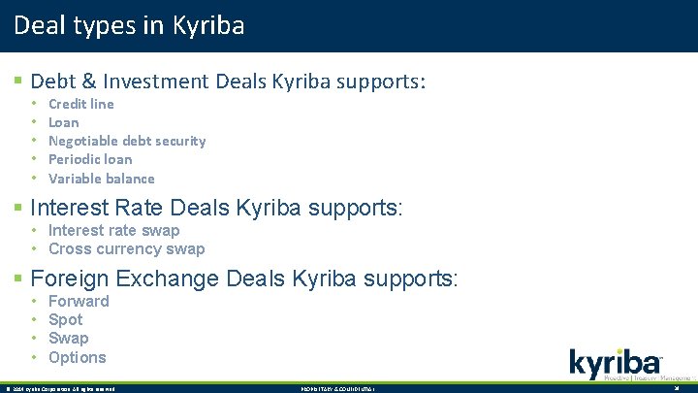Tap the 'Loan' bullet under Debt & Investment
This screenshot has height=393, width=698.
[x=64, y=122]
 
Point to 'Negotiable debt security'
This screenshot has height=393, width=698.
[x=127, y=141]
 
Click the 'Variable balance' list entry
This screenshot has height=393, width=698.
[x=101, y=179]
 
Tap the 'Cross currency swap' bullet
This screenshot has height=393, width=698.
[x=126, y=248]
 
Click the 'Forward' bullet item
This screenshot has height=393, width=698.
[x=79, y=301]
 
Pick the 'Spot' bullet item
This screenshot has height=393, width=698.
[x=65, y=319]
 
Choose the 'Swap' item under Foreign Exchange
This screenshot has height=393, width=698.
[x=68, y=338]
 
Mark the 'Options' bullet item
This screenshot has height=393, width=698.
[x=77, y=357]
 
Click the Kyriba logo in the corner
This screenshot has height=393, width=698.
[x=616, y=366]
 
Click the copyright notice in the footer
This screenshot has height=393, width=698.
[x=60, y=388]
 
